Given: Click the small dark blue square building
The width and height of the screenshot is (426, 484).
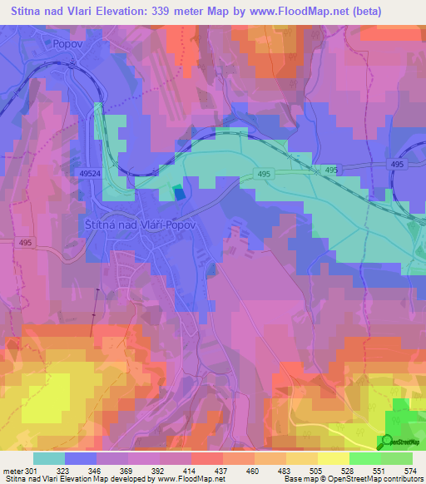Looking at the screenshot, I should [x=179, y=193].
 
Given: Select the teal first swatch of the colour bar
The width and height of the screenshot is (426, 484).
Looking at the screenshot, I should [x=48, y=458].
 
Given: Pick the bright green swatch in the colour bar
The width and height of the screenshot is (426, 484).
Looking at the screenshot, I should [x=364, y=458].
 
